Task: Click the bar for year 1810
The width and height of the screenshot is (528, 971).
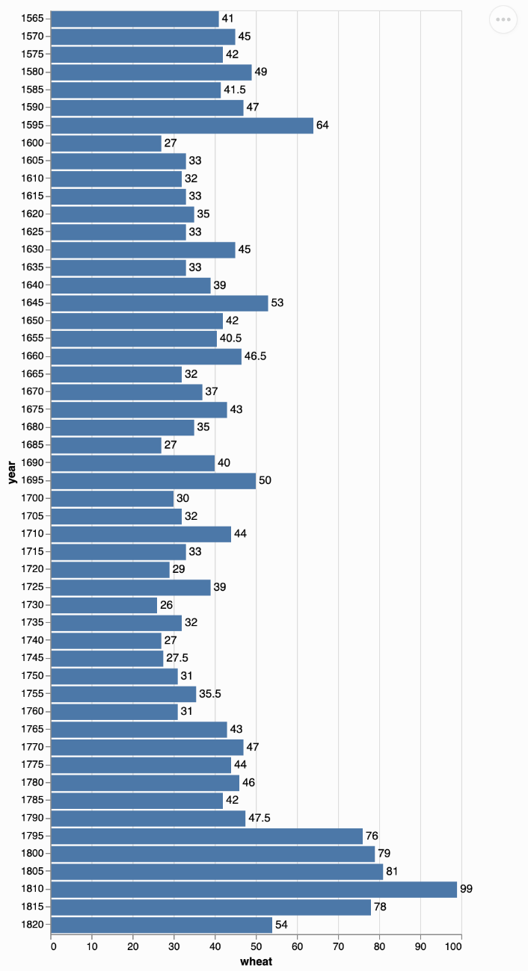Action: (x=254, y=889)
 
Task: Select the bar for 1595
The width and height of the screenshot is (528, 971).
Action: (x=182, y=125)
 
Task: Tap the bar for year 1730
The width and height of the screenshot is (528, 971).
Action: (x=105, y=605)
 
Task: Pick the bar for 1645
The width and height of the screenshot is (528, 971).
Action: (x=160, y=303)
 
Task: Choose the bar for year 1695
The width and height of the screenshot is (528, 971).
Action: (x=154, y=480)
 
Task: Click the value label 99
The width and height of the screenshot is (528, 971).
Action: (x=467, y=889)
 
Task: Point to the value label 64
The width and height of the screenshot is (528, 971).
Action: (x=322, y=125)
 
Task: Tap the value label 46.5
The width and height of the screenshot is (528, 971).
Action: (x=256, y=356)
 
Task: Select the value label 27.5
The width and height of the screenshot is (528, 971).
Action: (x=177, y=658)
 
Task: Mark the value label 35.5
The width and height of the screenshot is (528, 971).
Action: (x=210, y=694)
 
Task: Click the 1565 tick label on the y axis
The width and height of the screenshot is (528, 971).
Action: (x=34, y=18)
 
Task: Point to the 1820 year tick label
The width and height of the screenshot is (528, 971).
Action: (x=34, y=925)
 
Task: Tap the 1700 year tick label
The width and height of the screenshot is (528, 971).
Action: (x=34, y=498)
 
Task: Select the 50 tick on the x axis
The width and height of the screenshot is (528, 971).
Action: (x=257, y=947)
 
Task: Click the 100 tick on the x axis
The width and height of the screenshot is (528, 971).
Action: (x=460, y=947)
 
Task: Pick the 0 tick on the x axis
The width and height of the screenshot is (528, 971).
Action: (x=53, y=947)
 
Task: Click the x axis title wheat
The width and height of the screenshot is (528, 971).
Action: (x=257, y=961)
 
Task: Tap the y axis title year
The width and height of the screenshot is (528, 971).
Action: (x=12, y=471)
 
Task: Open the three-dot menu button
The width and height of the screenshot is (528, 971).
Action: (x=503, y=19)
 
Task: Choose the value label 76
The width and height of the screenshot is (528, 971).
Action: (x=372, y=836)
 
